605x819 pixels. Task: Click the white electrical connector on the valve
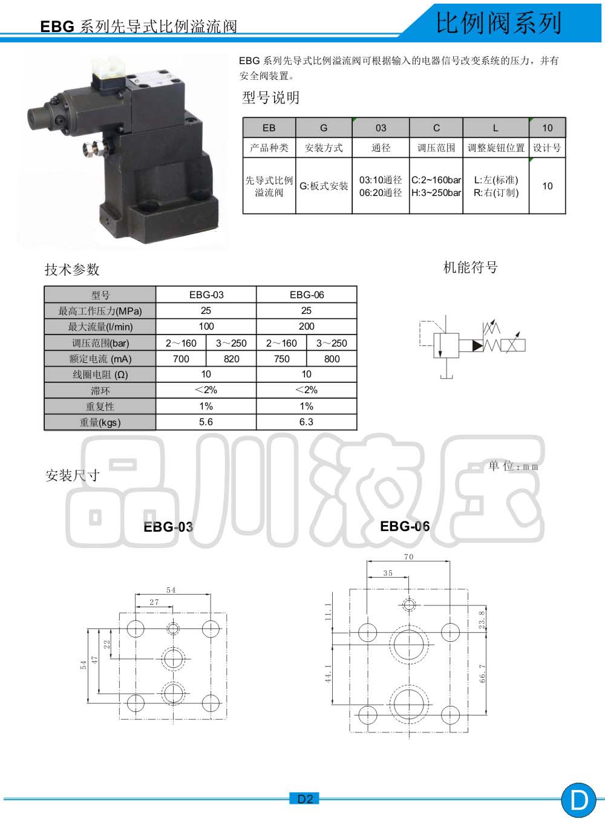click(x=108, y=73)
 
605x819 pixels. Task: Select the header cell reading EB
click(x=269, y=128)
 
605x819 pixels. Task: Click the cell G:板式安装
click(x=324, y=186)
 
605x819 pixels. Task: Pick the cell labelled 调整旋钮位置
click(x=496, y=148)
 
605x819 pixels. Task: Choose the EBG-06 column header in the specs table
click(x=307, y=295)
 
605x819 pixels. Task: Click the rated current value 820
click(x=231, y=359)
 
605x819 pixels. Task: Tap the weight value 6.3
click(x=306, y=422)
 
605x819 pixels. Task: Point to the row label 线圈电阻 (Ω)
click(x=100, y=374)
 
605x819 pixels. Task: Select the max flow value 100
click(x=206, y=327)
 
